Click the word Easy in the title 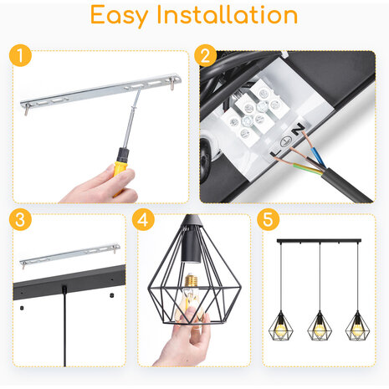(x=119, y=16)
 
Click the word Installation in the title (x=228, y=14)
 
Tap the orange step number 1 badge (x=20, y=55)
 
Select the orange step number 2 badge (x=206, y=55)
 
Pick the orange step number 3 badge (x=20, y=219)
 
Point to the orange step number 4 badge (x=143, y=219)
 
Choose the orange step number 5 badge (x=268, y=219)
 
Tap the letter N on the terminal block (x=299, y=128)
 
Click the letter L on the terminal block (x=275, y=153)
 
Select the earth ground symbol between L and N (x=285, y=141)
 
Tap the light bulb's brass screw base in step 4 (x=191, y=280)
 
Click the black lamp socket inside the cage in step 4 (x=191, y=246)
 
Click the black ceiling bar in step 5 (x=319, y=241)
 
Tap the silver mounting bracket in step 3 (x=69, y=254)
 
